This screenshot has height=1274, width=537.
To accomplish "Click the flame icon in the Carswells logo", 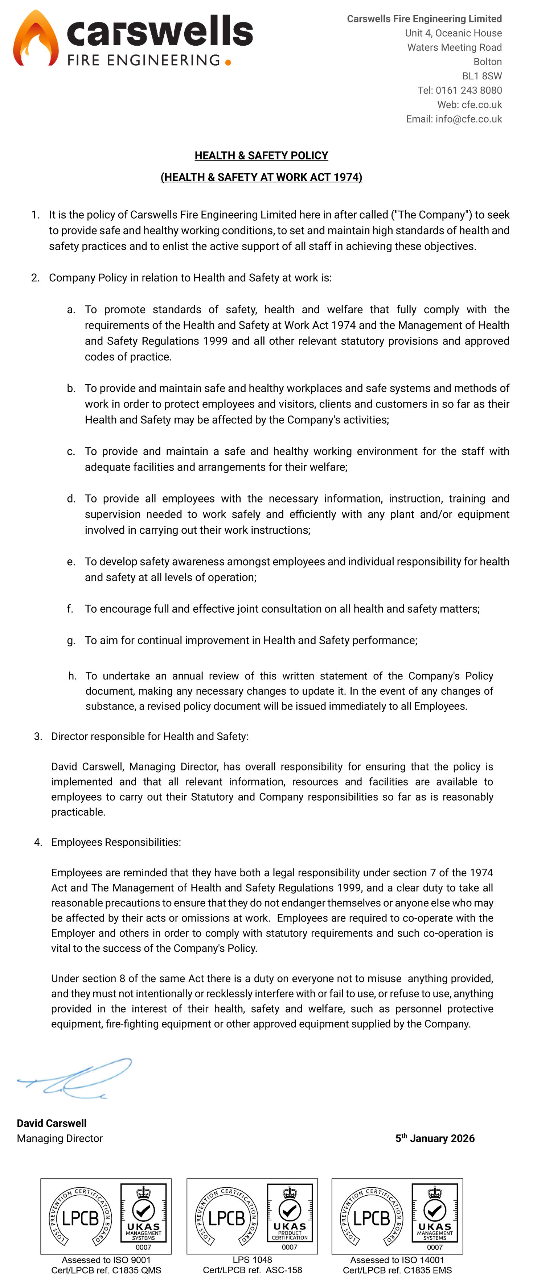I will pos(36,38).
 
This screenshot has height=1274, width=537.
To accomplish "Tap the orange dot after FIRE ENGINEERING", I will pos(227,62).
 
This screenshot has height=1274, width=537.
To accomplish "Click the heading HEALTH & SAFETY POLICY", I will pos(261,156).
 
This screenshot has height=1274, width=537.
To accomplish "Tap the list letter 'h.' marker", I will pos(72,676).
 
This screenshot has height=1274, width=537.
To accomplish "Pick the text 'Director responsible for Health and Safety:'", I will pos(149,736).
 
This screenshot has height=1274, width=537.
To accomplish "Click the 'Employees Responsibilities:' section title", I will pos(116,842).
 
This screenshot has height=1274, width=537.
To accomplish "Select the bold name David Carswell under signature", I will pos(52,1123).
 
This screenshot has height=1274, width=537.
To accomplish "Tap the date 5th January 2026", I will pos(435,1138).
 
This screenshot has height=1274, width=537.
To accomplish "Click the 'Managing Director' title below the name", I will pos(60,1138).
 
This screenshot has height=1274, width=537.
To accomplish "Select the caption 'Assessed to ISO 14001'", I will pos(397,1259).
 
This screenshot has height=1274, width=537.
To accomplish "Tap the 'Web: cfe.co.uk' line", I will pos(469,105).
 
